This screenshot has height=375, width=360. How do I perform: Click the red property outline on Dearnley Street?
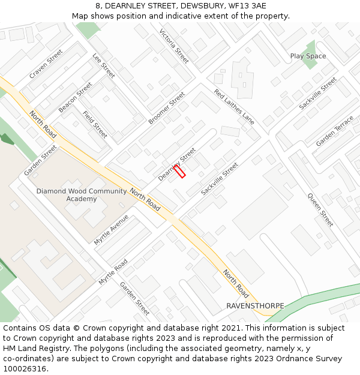click(x=179, y=171)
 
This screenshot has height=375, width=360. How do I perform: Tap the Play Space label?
click(x=308, y=56)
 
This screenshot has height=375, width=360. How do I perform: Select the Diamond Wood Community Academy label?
click(x=82, y=195)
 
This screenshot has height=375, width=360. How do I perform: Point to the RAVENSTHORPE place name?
click(x=255, y=306)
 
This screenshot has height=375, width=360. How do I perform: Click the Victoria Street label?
click(x=174, y=46)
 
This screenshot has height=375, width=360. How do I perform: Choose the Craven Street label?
click(x=46, y=64)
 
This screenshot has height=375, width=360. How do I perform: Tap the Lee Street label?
click(x=104, y=65)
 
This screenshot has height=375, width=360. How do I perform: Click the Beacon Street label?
click(x=75, y=97)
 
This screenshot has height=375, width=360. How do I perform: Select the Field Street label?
click(x=95, y=124)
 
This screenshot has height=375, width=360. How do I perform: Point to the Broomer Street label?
click(x=167, y=108)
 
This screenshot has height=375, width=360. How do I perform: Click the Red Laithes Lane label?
click(x=234, y=107)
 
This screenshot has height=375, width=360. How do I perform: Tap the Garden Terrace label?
click(x=335, y=131)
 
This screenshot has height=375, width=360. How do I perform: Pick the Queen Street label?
click(x=320, y=209)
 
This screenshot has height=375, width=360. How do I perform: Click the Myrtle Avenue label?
click(x=111, y=229)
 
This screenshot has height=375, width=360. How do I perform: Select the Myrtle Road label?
click(x=113, y=272)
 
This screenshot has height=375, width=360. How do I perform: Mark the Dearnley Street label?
click(x=177, y=164)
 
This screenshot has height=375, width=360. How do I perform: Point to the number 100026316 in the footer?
click(x=25, y=369)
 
